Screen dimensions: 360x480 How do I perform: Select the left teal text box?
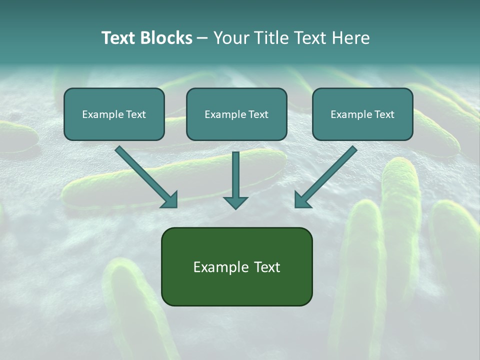click(x=114, y=114)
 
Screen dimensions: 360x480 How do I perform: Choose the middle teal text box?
click(x=236, y=114)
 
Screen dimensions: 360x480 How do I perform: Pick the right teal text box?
click(x=362, y=114)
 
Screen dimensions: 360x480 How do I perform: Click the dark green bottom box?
click(x=236, y=266)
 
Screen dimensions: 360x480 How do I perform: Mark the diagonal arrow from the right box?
click(x=327, y=175)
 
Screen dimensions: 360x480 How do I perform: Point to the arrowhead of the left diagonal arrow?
click(x=171, y=201)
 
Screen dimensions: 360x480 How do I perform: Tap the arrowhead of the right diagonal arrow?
click(x=301, y=201)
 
